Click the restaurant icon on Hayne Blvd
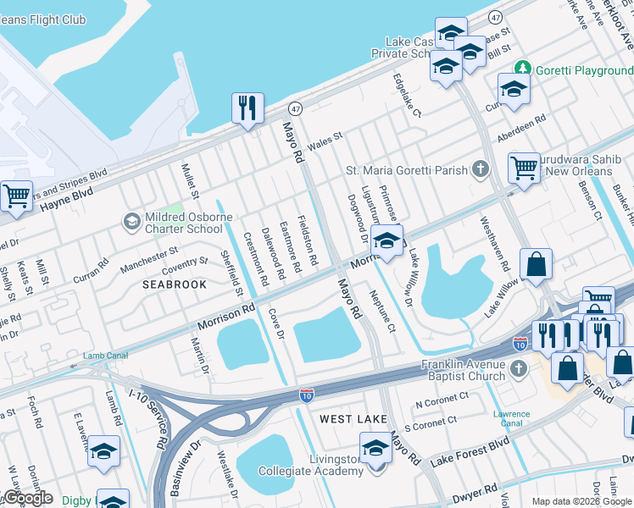pyautogui.click(x=247, y=108)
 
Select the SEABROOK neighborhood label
pyautogui.click(x=174, y=284)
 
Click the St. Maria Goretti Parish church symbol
pyautogui.click(x=481, y=169)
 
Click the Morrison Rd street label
pyautogui.click(x=226, y=318)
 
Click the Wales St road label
pyautogui.click(x=325, y=141)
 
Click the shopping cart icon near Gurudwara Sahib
pyautogui.click(x=525, y=167)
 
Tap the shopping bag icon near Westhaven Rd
pyautogui.click(x=537, y=265)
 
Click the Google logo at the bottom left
pyautogui.click(x=27, y=498)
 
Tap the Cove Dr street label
pyautogui.click(x=275, y=324)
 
